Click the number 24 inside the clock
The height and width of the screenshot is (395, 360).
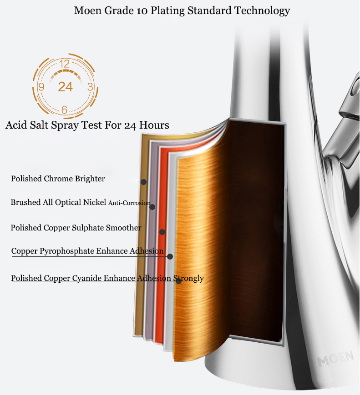tap(66, 87)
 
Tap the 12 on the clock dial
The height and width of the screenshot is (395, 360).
tap(65, 64)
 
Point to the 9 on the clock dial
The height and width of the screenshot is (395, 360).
tap(41, 87)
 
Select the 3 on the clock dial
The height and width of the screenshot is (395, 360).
tap(90, 87)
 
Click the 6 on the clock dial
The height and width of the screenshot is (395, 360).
tap(64, 110)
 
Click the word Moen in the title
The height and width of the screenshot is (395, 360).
tap(87, 10)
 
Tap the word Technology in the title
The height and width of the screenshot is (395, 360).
tap(262, 11)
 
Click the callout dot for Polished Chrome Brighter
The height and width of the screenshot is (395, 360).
tap(143, 182)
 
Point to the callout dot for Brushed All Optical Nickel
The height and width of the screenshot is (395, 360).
tap(152, 207)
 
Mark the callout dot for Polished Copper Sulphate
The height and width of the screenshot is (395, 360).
tap(162, 232)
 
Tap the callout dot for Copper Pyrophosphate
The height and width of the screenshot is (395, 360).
tap(170, 257)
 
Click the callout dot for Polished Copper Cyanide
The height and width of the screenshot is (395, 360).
tap(178, 281)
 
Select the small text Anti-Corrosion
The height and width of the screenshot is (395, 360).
tap(129, 203)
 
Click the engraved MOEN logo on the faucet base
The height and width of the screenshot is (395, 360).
tap(335, 359)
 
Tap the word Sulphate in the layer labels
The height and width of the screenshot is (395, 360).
tap(88, 228)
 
